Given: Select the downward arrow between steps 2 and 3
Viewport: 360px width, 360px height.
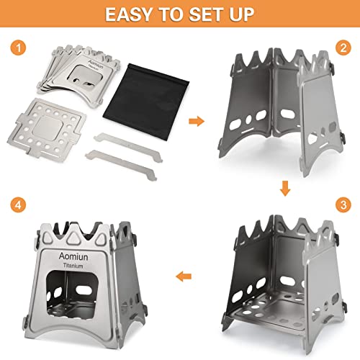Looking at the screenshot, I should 285,189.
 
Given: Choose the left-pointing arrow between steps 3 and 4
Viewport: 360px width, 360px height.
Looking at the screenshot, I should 186,274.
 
